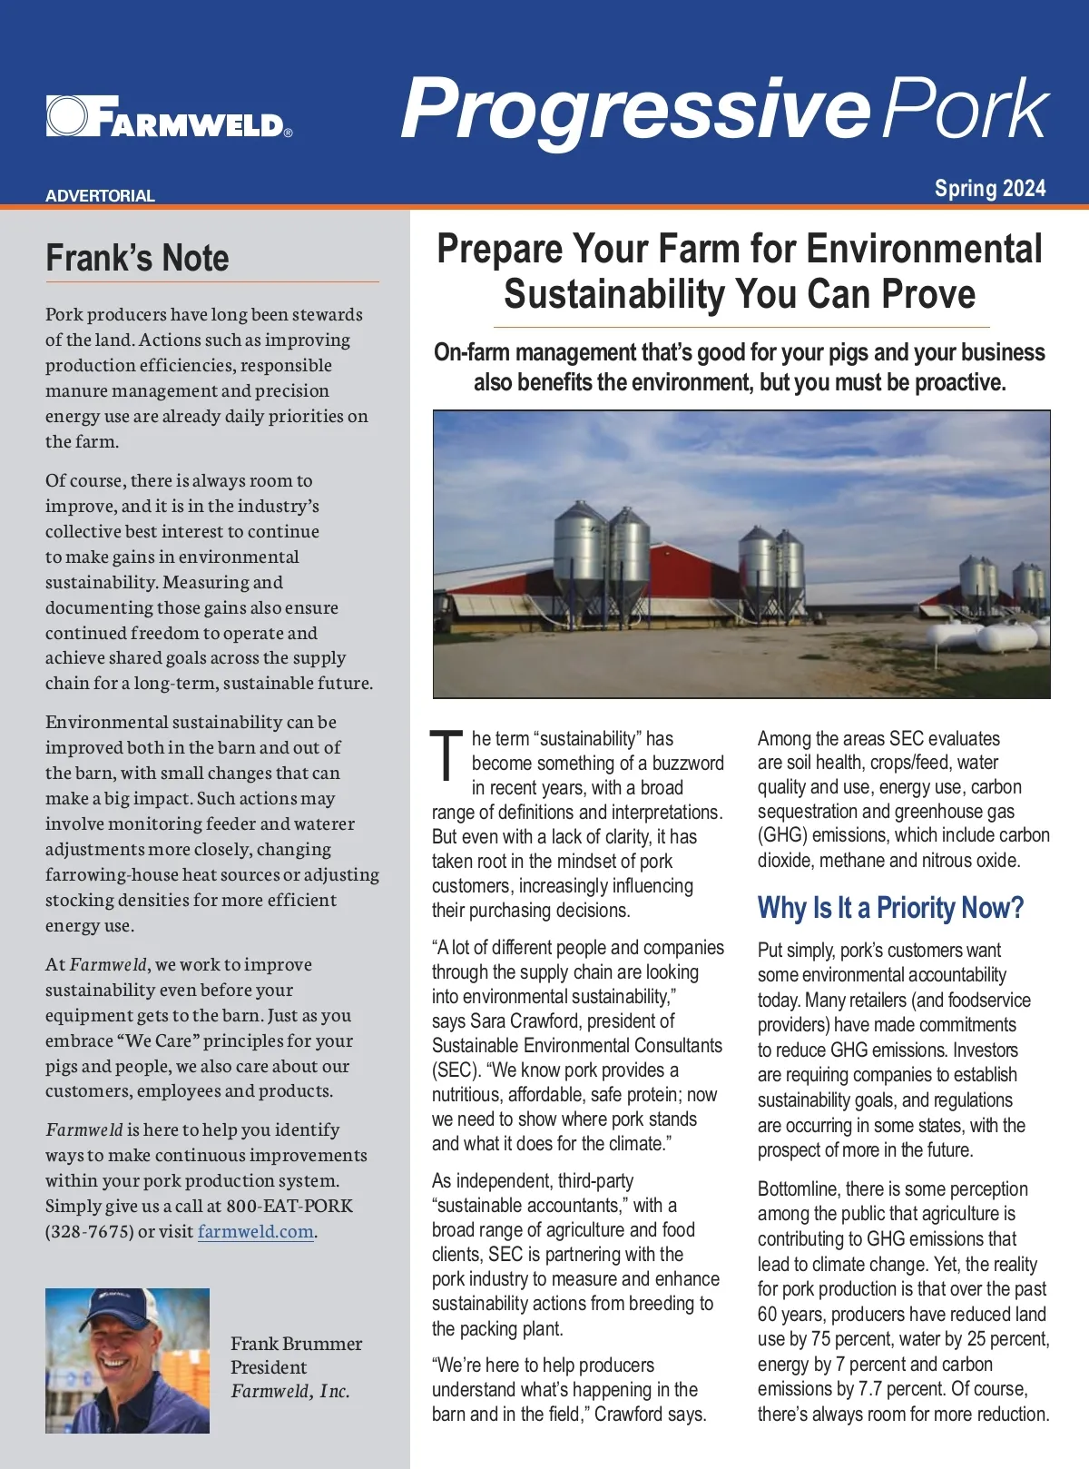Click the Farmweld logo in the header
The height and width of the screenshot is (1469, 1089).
(x=169, y=116)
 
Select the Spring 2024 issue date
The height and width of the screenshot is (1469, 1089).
(x=990, y=188)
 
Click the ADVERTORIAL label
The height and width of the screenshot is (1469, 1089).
(x=100, y=195)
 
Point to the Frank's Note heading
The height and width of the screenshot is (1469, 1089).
(x=137, y=258)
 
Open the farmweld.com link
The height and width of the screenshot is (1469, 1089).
(x=256, y=1231)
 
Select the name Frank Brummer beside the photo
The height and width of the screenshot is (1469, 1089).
(x=296, y=1343)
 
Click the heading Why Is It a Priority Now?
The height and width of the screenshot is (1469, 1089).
(x=890, y=907)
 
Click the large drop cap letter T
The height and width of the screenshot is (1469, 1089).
(x=446, y=755)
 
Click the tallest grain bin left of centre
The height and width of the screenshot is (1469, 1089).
(x=580, y=554)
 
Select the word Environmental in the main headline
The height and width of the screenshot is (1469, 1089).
(x=923, y=249)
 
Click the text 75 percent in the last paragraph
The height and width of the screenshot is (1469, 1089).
(x=849, y=1338)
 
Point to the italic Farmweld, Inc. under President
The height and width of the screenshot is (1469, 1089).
(x=289, y=1391)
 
